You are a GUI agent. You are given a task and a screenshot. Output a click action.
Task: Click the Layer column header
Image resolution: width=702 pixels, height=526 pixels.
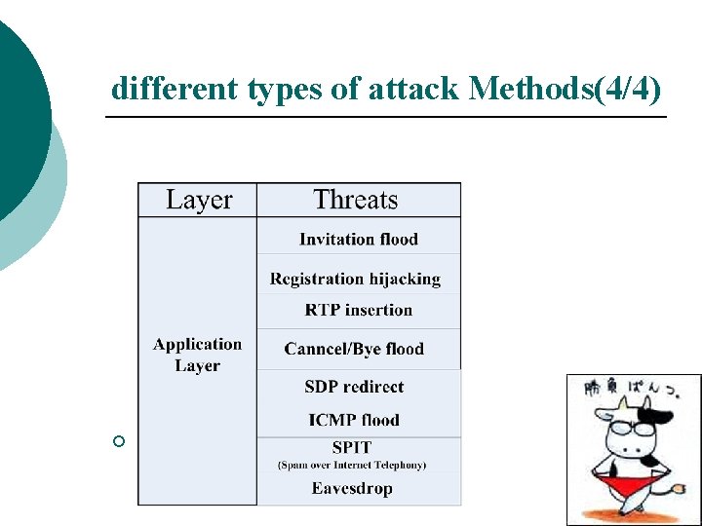click(198, 200)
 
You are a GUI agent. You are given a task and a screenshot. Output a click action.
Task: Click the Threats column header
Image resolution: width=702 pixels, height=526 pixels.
click(356, 200)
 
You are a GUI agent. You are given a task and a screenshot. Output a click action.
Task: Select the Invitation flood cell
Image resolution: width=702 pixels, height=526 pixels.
click(358, 239)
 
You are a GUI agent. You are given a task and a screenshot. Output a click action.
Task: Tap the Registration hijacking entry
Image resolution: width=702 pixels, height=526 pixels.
click(355, 279)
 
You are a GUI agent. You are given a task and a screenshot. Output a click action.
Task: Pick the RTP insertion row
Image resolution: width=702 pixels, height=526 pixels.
click(358, 310)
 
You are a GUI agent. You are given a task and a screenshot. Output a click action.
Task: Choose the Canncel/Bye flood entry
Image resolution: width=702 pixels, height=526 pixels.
click(354, 348)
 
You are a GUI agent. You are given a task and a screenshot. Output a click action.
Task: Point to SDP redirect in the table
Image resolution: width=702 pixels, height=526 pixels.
click(354, 386)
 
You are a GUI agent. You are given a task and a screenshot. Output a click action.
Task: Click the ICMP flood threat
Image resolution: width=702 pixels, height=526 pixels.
click(354, 420)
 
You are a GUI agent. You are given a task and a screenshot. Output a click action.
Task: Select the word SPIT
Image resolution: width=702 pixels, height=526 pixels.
click(352, 448)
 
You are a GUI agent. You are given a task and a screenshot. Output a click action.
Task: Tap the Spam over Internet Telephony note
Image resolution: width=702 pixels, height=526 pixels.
click(352, 465)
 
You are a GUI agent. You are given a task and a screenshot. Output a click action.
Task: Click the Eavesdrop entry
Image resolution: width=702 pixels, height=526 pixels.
click(352, 488)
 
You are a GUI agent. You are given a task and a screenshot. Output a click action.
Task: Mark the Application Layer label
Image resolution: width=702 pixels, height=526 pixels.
click(198, 355)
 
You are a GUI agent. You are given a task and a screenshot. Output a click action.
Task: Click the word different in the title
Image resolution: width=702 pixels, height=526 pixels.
click(174, 89)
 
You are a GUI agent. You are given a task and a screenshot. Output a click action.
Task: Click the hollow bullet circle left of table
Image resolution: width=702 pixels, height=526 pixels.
click(119, 442)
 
